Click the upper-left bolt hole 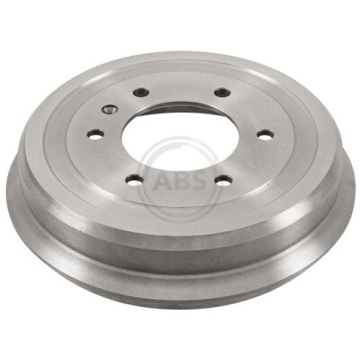click(x=141, y=92)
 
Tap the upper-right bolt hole click(x=222, y=93)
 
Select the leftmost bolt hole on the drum click(x=95, y=134)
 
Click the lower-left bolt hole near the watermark click(x=134, y=180)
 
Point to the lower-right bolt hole click(x=224, y=180)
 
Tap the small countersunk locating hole click(x=110, y=110)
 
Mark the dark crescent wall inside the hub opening click(x=183, y=108)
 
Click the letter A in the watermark click(x=164, y=181)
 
